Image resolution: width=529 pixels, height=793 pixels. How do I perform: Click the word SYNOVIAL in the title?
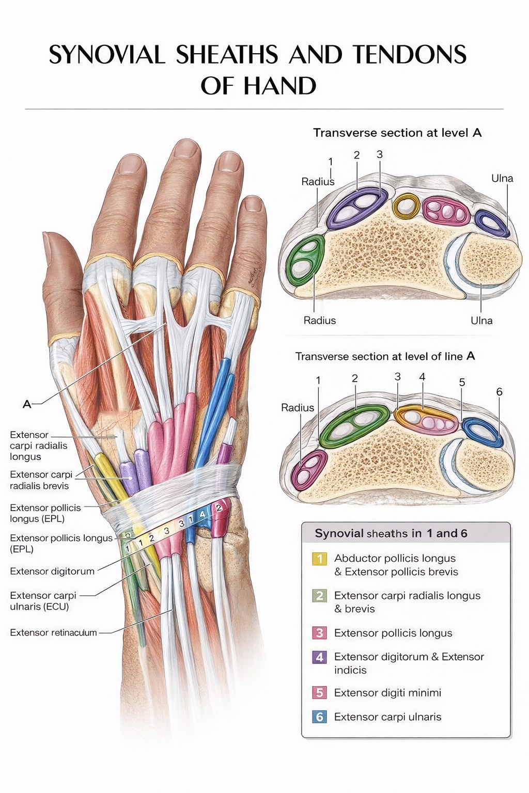(106, 55)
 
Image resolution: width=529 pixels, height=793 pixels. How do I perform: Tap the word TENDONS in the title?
(409, 55)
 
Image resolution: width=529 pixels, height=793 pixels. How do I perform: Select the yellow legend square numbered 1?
(320, 559)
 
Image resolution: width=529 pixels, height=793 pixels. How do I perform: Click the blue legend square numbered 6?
(320, 717)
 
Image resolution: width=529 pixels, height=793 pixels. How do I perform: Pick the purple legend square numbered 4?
(320, 657)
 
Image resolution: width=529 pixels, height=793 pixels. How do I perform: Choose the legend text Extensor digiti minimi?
(387, 692)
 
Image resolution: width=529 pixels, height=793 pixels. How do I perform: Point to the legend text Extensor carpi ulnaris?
(387, 717)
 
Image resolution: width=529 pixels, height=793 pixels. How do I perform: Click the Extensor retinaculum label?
(53, 632)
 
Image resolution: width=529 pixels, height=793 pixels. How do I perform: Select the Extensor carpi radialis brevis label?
(41, 480)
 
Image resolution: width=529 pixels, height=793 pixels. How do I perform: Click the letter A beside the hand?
(27, 404)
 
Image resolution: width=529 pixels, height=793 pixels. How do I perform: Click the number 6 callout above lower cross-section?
(499, 391)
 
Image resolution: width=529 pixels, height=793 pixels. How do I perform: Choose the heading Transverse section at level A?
(398, 133)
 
